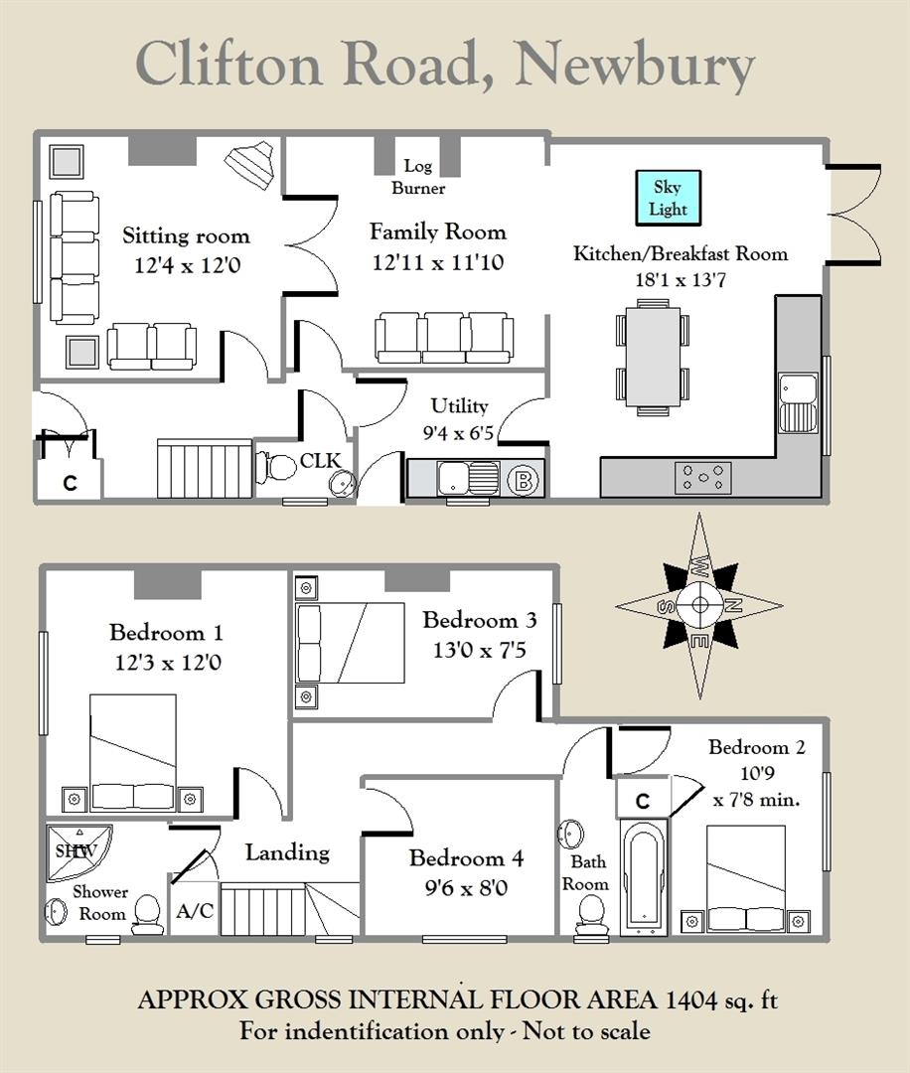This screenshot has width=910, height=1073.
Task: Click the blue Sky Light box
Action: point(668,198)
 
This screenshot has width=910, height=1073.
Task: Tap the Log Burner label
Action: point(418,177)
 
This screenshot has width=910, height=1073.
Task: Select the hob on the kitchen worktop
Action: point(702,477)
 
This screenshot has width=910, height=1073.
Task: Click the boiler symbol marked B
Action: point(524,481)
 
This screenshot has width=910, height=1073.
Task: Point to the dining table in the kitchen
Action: point(653,358)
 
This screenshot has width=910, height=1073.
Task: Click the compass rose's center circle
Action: point(699,605)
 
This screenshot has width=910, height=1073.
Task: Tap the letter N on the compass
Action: point(733,605)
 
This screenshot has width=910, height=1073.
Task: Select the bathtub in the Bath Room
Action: point(643,876)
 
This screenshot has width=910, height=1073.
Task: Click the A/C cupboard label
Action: point(195,911)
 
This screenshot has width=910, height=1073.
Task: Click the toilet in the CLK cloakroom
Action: point(275,468)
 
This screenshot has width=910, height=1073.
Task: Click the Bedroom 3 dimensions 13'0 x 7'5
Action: point(479,650)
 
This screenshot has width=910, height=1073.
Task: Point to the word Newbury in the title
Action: point(635,65)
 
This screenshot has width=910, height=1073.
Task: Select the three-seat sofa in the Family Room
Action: point(444,338)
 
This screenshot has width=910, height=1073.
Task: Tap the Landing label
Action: point(287,852)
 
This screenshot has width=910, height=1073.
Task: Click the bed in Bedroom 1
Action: point(133,752)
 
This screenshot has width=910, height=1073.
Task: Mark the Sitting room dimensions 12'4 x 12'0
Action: point(187,265)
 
